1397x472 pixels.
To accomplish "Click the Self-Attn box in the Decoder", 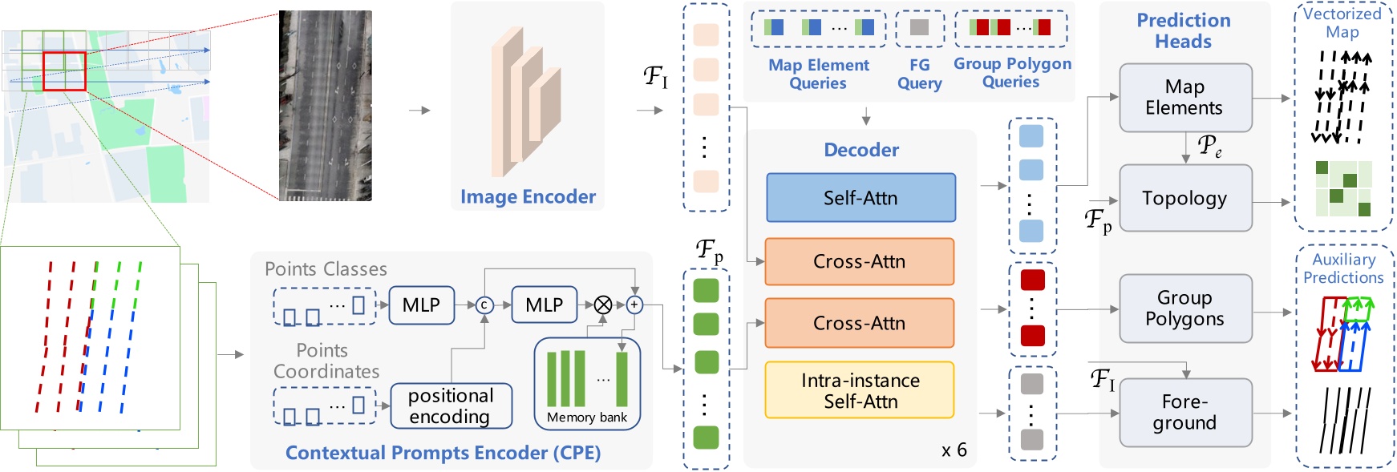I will [x=860, y=198].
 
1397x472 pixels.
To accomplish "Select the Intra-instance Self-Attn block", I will [x=860, y=390].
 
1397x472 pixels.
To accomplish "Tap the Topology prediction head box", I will [x=1185, y=198].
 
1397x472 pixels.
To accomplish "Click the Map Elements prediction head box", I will [x=1185, y=98].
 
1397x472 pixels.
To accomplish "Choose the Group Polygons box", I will [x=1185, y=309].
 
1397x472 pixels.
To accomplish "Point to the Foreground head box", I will [x=1185, y=413].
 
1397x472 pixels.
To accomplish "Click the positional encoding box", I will [x=451, y=406].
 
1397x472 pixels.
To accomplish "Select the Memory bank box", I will [x=587, y=384].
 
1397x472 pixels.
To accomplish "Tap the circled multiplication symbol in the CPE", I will [x=603, y=305].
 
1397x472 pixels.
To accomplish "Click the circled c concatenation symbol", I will [x=484, y=305].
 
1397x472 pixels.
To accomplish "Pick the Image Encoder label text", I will [x=528, y=197].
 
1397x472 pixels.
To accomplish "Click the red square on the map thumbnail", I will [x=64, y=71].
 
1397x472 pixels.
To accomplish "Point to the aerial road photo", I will [x=326, y=105].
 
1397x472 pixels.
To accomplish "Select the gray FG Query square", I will [x=919, y=27].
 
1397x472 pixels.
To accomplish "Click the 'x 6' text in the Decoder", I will [x=954, y=450].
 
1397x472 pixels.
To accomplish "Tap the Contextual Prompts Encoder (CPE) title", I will [x=443, y=453].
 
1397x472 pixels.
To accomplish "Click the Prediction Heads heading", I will [x=1184, y=30].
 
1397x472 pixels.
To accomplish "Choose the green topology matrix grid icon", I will [x=1343, y=188].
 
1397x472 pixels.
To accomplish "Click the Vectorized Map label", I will [x=1342, y=22].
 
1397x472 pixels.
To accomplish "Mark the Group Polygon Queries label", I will [x=1012, y=72].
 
